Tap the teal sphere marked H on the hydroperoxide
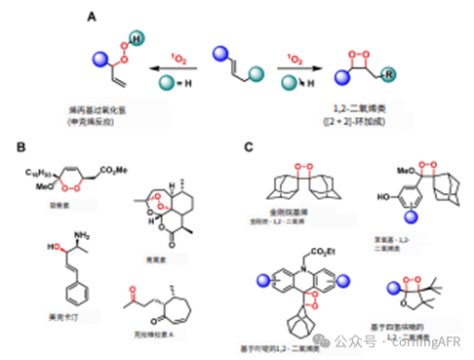coord(137,37)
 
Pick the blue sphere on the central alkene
coord(219,46)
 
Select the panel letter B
coord(20,147)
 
